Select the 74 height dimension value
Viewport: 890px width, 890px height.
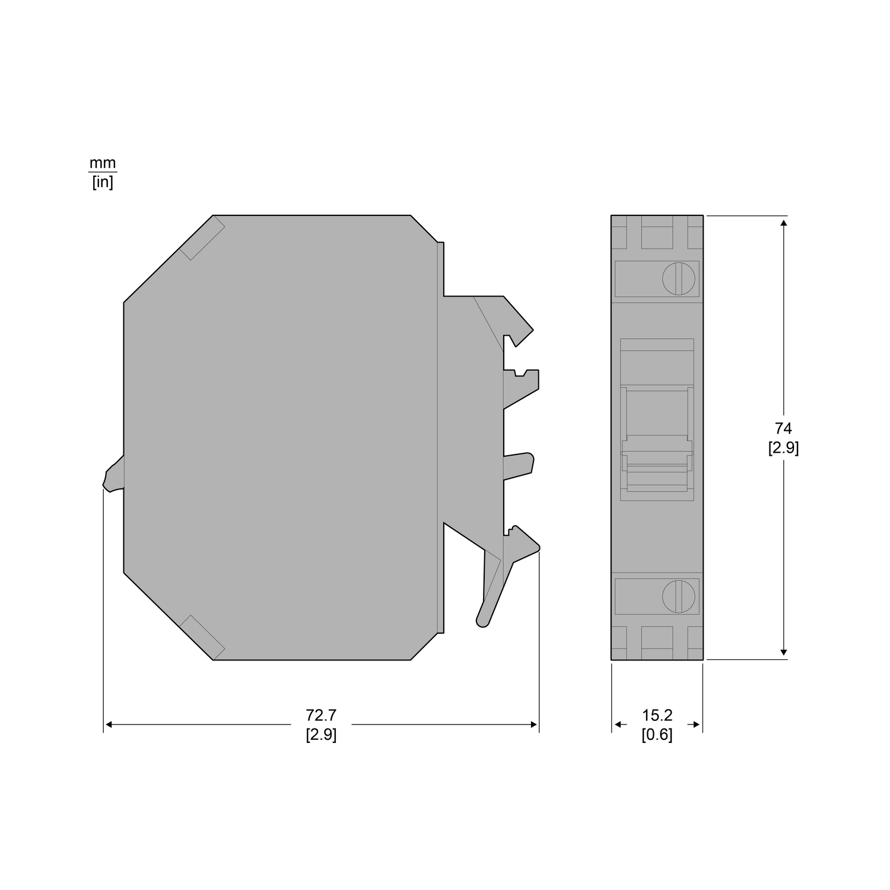pyautogui.click(x=783, y=428)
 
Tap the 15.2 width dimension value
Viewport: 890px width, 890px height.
pyautogui.click(x=657, y=716)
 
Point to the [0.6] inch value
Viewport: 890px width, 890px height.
pyautogui.click(x=657, y=735)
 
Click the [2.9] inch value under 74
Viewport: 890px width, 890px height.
pyautogui.click(x=783, y=448)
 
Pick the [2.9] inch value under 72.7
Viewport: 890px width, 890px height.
pyautogui.click(x=321, y=735)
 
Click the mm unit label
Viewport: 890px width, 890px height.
pyautogui.click(x=103, y=163)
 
